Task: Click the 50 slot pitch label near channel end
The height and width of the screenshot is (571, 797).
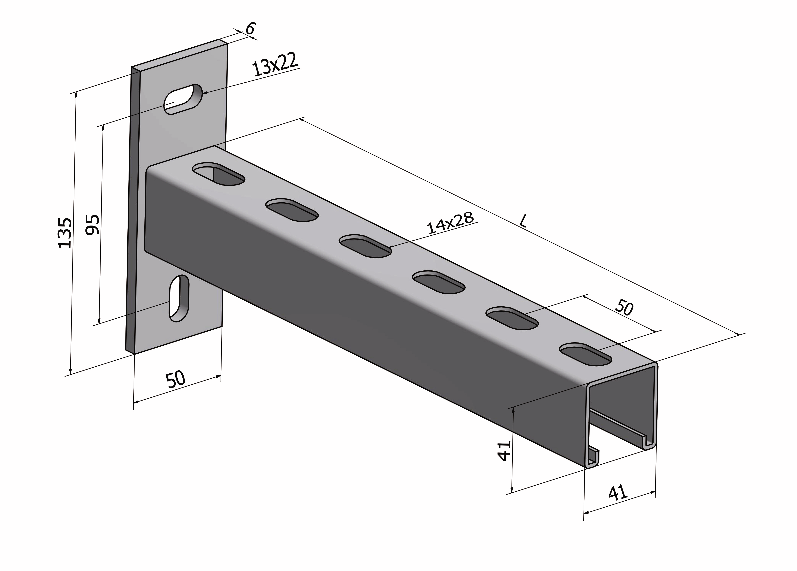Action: pos(624,308)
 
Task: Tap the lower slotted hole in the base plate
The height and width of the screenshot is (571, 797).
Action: pos(179,298)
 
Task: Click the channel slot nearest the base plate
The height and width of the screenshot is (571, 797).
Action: pos(219,174)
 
